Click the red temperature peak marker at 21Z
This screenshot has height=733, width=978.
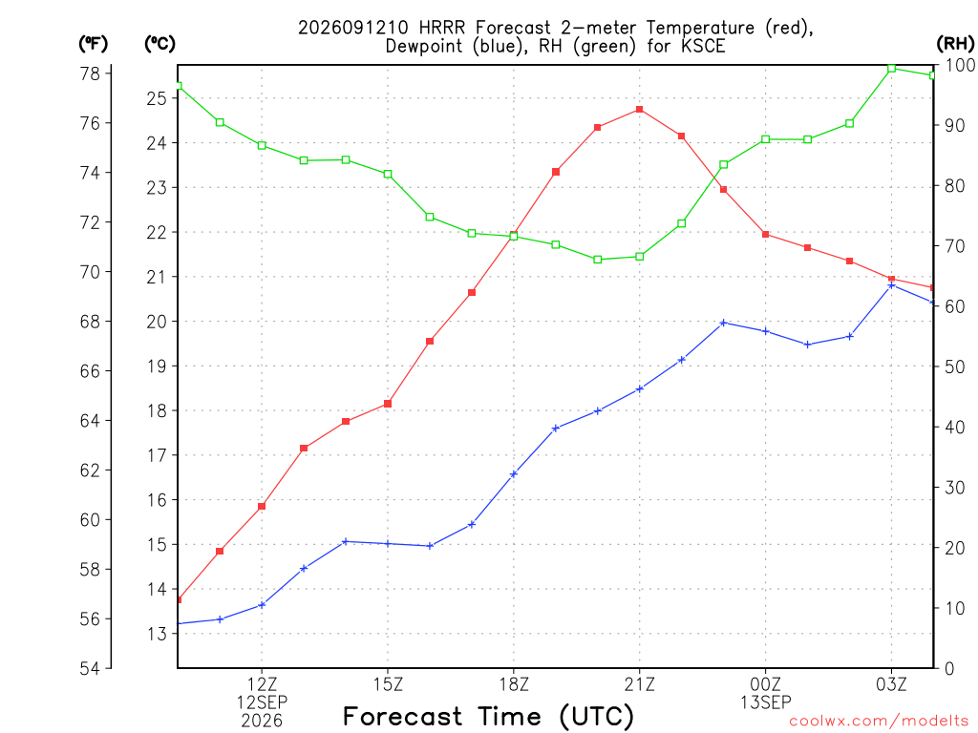(639, 110)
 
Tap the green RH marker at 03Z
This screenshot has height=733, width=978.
(891, 69)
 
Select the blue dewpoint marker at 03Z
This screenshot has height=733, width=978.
(891, 285)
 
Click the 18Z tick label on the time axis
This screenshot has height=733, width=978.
(514, 684)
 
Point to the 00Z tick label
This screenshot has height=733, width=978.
(765, 684)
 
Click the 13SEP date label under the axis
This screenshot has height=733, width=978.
(765, 702)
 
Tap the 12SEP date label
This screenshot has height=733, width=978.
(262, 702)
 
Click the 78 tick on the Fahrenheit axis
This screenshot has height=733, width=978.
(91, 73)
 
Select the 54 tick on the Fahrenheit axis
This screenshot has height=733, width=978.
(91, 669)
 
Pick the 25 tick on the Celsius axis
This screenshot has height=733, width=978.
(157, 98)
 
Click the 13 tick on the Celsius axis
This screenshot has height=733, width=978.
(157, 634)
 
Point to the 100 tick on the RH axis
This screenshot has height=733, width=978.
(961, 65)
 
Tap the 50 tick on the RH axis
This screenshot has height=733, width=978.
(955, 366)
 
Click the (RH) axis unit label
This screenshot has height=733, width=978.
(955, 44)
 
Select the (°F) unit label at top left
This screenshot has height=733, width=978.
(94, 44)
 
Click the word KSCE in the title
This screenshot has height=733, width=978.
(703, 46)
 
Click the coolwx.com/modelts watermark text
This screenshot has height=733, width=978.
(879, 722)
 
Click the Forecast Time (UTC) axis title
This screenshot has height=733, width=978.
(488, 717)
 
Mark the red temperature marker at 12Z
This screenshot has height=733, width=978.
(262, 506)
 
